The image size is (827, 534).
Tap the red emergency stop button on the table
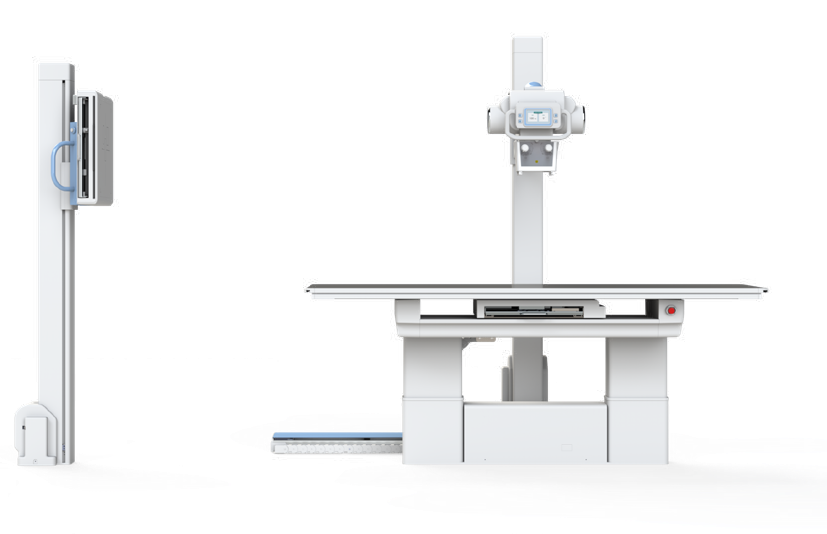tap(670, 310)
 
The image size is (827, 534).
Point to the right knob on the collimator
tap(548, 147)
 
